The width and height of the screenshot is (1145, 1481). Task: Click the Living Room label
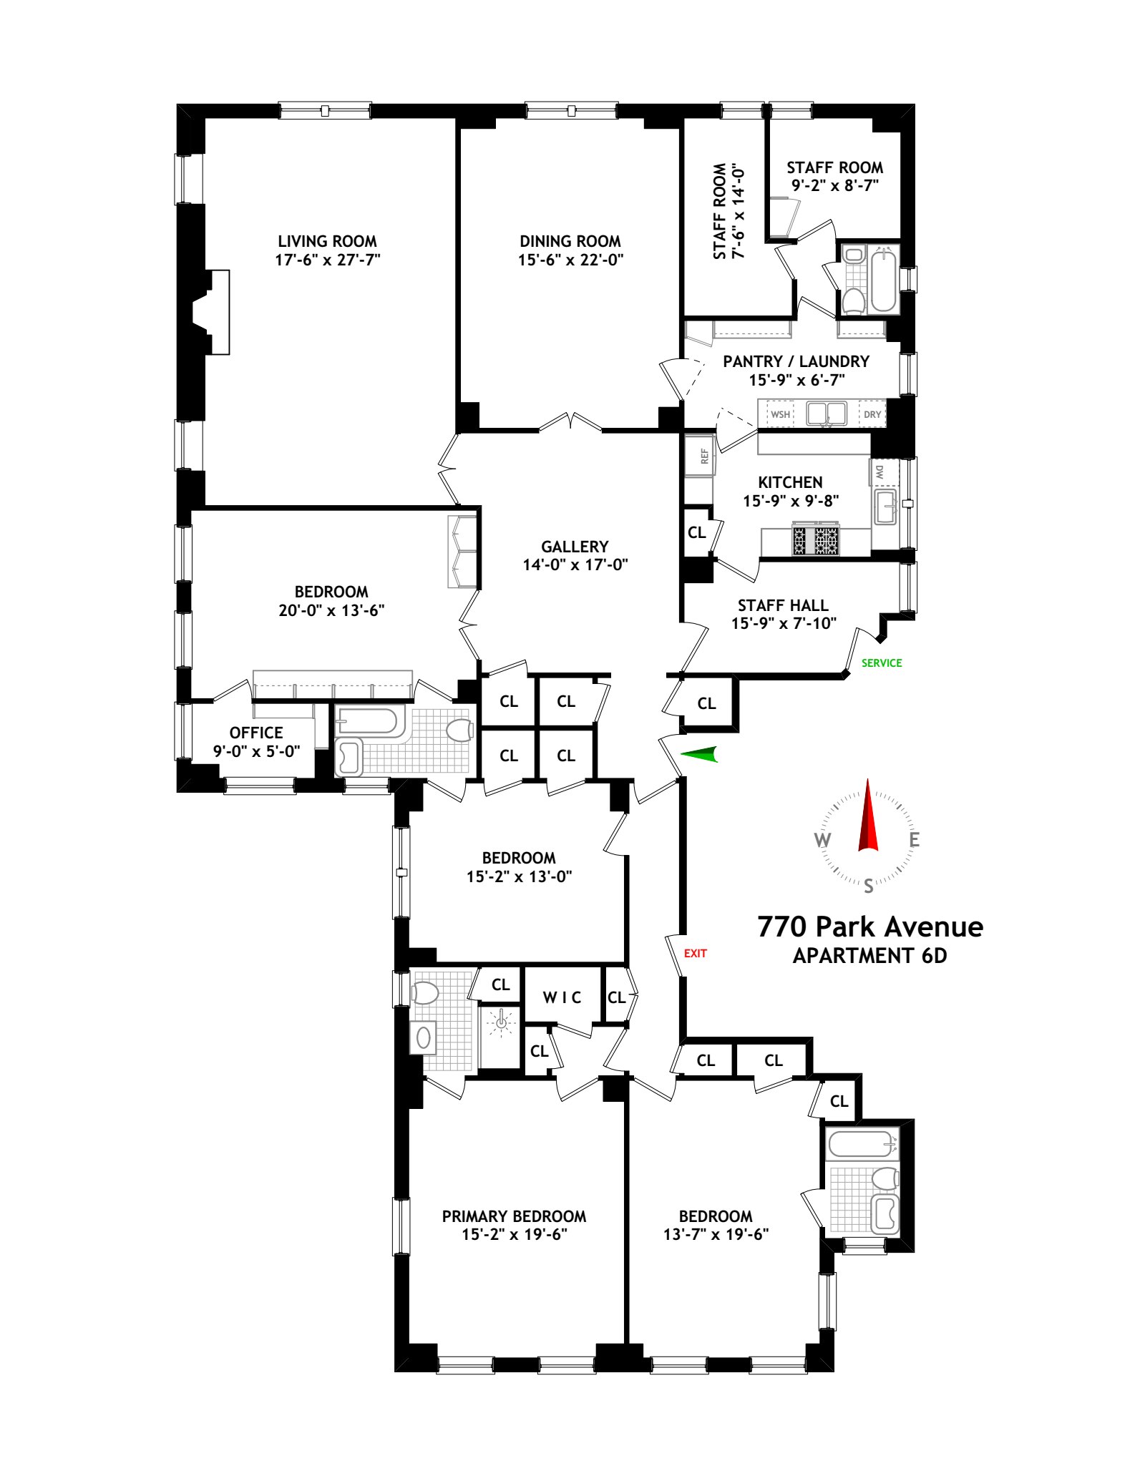327,241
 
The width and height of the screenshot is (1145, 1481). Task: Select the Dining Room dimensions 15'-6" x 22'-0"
570,260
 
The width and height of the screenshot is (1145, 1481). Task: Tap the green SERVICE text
881,663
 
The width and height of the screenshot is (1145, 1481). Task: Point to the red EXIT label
695,954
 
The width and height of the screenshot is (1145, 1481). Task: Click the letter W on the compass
823,841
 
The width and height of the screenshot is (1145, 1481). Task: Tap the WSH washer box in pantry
780,414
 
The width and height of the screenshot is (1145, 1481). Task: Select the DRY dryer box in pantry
872,414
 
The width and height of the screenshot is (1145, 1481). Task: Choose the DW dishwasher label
880,472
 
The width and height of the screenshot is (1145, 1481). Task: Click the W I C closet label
562,997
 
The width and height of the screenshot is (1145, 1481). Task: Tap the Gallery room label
575,547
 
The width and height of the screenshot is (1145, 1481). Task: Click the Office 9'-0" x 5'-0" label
256,742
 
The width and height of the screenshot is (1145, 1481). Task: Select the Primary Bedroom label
514,1216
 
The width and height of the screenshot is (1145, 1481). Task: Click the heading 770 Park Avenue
869,927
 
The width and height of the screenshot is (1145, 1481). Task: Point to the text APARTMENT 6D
869,956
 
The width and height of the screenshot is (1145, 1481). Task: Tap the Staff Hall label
783,605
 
